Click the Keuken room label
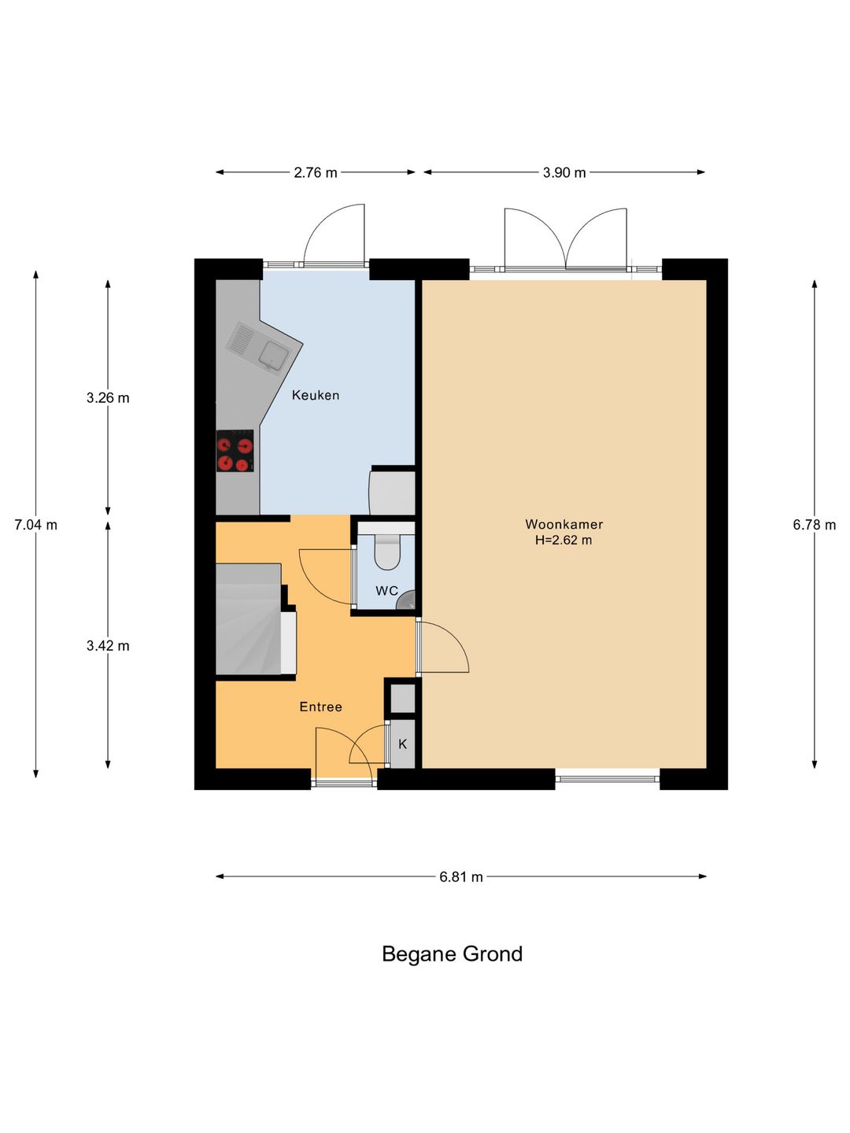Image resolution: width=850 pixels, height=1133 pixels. tap(316, 396)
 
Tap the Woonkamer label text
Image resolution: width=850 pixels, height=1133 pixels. tap(564, 524)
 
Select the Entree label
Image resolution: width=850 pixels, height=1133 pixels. tap(320, 707)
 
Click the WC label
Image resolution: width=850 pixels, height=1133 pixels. tap(386, 591)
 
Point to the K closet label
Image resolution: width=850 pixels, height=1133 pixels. tap(402, 744)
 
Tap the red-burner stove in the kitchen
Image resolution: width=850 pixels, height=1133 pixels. tap(235, 451)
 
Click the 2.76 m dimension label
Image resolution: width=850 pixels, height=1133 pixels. tap(316, 172)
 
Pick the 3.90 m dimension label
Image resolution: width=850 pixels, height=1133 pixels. tap(564, 172)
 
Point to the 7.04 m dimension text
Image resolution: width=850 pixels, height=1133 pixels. tap(35, 525)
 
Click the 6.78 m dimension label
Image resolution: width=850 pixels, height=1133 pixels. tap(814, 525)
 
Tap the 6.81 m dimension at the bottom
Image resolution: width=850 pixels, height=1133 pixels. tap(461, 877)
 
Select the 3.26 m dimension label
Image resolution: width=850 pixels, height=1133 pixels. tap(108, 398)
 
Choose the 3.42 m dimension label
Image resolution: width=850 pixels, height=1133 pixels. tap(108, 646)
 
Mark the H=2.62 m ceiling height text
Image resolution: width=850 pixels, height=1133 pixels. tap(564, 540)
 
